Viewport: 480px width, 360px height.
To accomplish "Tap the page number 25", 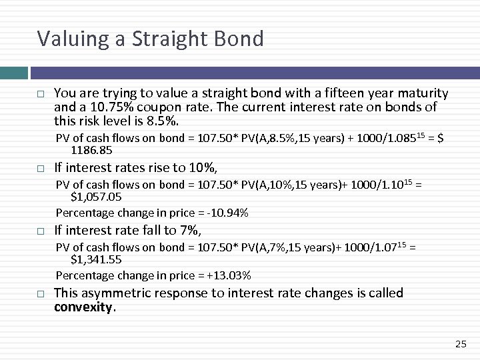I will pos(460,344).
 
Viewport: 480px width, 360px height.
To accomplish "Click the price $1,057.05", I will pos(96,197).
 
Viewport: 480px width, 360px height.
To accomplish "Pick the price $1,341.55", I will pos(96,260).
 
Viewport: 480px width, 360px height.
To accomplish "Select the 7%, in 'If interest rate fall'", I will pos(187,230).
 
